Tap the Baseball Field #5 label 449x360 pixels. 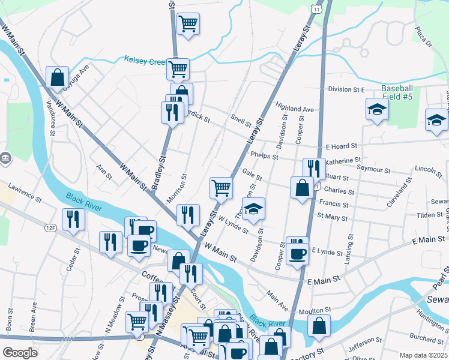397,91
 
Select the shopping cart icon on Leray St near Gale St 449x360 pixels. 221,187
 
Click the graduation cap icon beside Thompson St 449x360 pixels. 254,208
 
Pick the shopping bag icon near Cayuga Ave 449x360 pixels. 56,77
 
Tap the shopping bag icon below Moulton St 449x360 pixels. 319,325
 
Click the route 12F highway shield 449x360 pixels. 50,227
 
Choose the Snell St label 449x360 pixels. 241,122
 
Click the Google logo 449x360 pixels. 20,353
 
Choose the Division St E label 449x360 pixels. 346,89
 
